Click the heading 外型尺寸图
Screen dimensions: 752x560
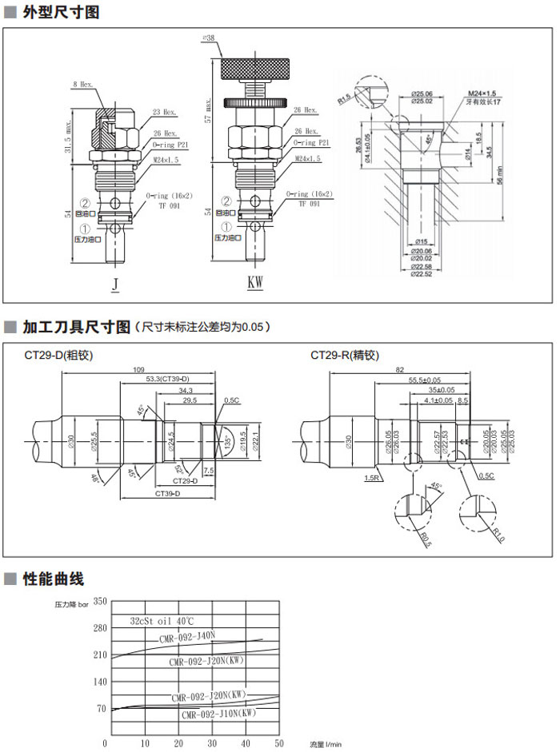[x=61, y=13]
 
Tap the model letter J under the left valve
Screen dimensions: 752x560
[x=115, y=283]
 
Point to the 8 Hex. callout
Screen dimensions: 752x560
[x=84, y=84]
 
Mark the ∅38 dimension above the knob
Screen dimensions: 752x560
[x=210, y=38]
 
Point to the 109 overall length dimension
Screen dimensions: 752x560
[x=138, y=370]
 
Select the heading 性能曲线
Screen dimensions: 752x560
[x=53, y=579]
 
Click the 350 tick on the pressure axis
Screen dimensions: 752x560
[x=100, y=601]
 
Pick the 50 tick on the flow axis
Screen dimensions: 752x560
[x=279, y=743]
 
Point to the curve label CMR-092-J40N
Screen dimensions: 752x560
[x=187, y=637]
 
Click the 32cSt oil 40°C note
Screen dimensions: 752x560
[x=162, y=621]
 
